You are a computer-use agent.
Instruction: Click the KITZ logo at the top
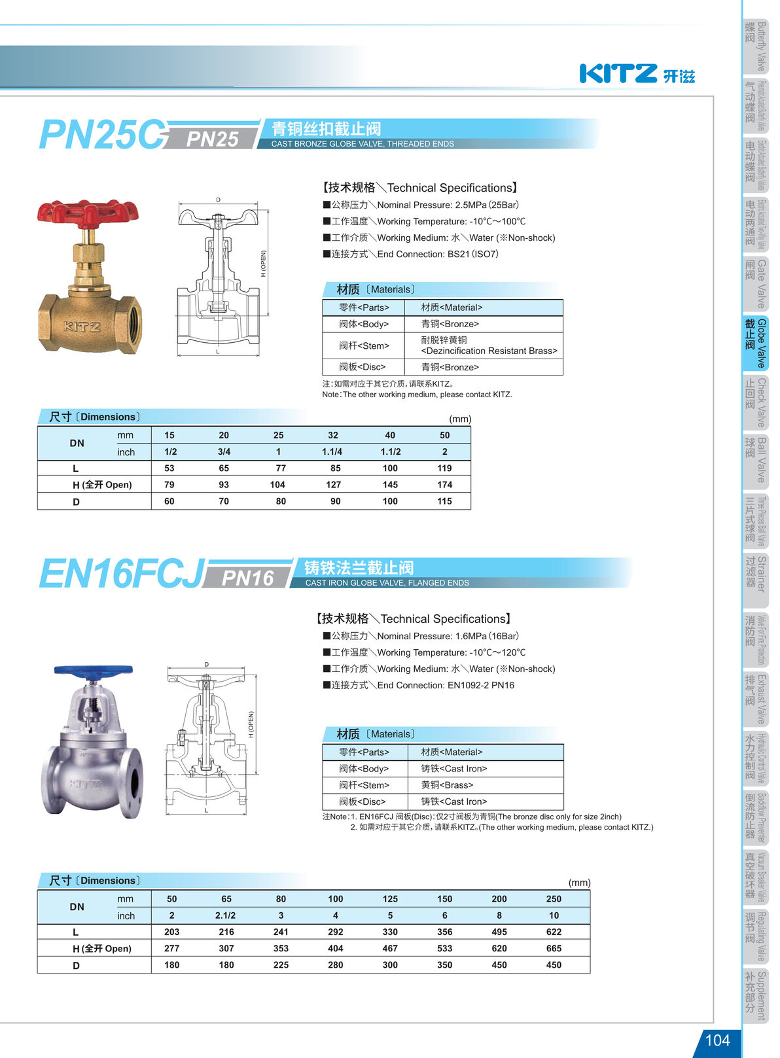point(636,73)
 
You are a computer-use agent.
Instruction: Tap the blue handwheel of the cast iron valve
point(93,671)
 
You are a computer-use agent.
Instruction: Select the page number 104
point(717,1040)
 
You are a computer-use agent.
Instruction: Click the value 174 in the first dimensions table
point(444,485)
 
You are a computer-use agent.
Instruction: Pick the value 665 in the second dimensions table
point(554,948)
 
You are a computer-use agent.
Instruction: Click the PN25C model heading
point(101,135)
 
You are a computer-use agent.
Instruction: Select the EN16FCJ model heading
point(122,574)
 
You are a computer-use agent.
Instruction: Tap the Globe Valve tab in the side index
point(756,343)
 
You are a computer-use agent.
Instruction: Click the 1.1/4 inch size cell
point(332,452)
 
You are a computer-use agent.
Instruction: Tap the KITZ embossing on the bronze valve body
point(82,326)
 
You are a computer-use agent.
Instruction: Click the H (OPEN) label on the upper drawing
point(264,263)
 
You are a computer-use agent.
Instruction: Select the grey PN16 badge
point(247,578)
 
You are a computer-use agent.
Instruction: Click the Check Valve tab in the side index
point(756,402)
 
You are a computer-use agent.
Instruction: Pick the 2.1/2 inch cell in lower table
point(226,916)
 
